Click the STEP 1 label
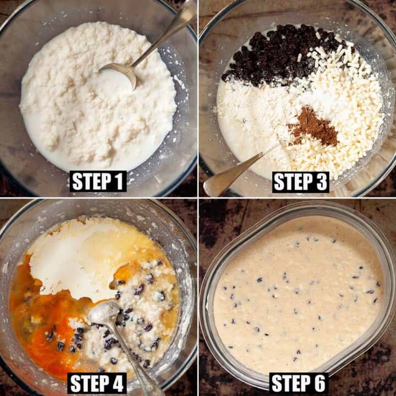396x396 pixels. coord(98,182)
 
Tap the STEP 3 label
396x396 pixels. coord(300,182)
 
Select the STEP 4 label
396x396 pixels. coord(98,383)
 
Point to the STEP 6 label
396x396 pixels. coord(298,383)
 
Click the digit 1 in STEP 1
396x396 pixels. coord(119,182)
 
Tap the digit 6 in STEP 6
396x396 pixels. coord(320,383)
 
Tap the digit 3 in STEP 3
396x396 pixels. coord(321,182)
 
